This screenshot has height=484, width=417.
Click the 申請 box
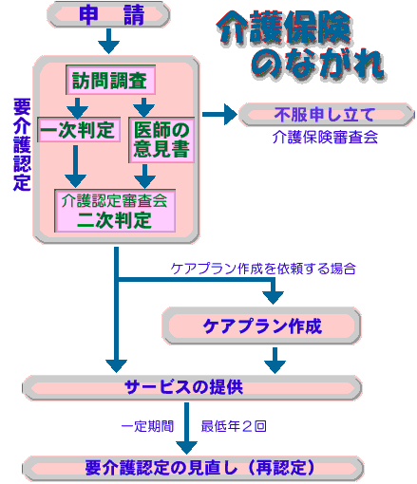point(108,14)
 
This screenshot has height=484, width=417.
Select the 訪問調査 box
point(110,80)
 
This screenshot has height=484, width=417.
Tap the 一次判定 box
point(79,130)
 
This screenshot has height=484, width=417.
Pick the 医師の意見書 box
point(161,140)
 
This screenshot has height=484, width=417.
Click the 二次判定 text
point(114,220)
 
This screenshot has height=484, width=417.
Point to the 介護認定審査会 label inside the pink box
point(114,200)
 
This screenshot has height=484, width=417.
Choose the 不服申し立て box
point(326,115)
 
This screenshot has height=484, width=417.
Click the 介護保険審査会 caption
point(325,138)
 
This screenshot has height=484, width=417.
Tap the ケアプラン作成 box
point(261,326)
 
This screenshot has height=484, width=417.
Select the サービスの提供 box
point(192,387)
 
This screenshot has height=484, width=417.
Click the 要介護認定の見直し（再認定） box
point(193,468)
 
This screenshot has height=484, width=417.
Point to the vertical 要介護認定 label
point(22,144)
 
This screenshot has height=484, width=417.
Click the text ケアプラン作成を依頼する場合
point(263,269)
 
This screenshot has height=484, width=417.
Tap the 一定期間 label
point(148,426)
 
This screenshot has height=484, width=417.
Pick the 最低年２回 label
point(234,426)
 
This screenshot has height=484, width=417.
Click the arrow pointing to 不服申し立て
point(219,114)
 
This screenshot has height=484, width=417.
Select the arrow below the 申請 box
point(108,41)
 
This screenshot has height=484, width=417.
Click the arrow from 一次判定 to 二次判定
point(75,166)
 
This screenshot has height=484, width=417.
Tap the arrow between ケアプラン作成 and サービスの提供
point(275,361)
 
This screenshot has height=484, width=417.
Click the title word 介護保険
point(284,28)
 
